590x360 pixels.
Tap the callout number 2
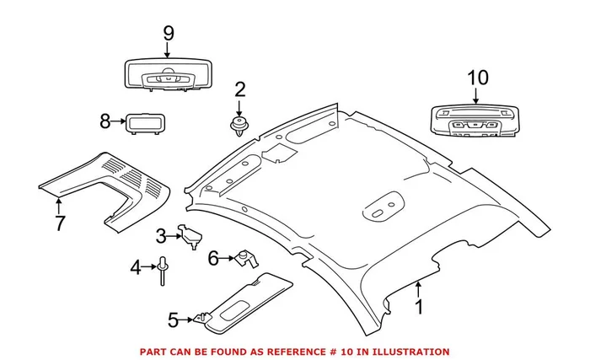coord(239,89)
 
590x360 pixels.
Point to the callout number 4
coord(135,269)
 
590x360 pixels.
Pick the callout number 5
coord(173,320)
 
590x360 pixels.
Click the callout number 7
coord(59,224)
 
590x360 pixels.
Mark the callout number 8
coord(105,121)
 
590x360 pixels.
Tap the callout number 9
coord(168,33)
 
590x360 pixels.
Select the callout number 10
coord(476,78)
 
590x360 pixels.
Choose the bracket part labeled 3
coord(191,237)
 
